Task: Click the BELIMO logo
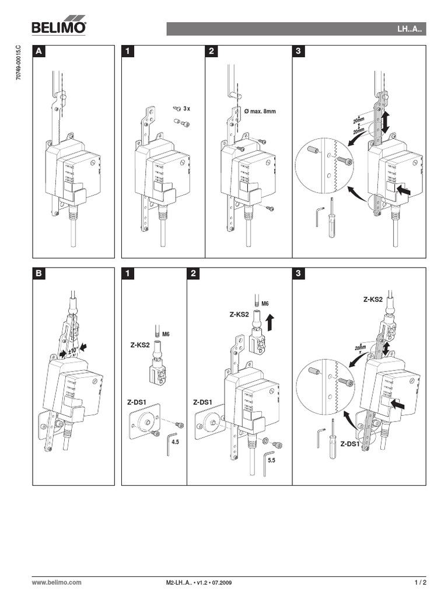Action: coord(58,27)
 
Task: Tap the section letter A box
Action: coord(39,51)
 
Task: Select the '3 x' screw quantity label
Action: coord(187,109)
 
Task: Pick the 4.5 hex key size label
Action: coord(174,442)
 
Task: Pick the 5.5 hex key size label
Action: coord(271,460)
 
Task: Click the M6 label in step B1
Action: coord(166,333)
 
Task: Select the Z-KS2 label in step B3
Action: coord(373,299)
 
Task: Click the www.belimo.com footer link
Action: coord(56,582)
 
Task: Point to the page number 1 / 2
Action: coord(420,582)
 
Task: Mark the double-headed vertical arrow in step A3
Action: coord(386,123)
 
